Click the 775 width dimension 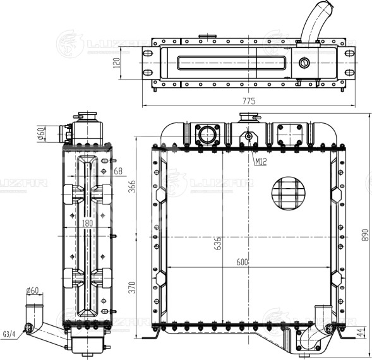tap(249, 101)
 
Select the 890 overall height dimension tap(365, 235)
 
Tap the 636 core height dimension tap(217, 243)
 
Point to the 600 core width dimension tap(242, 262)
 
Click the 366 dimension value tap(132, 186)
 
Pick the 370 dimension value tap(132, 287)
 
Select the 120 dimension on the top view tap(117, 63)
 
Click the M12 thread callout tap(261, 162)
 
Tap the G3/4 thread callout tap(9, 334)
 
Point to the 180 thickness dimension tap(87, 224)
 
